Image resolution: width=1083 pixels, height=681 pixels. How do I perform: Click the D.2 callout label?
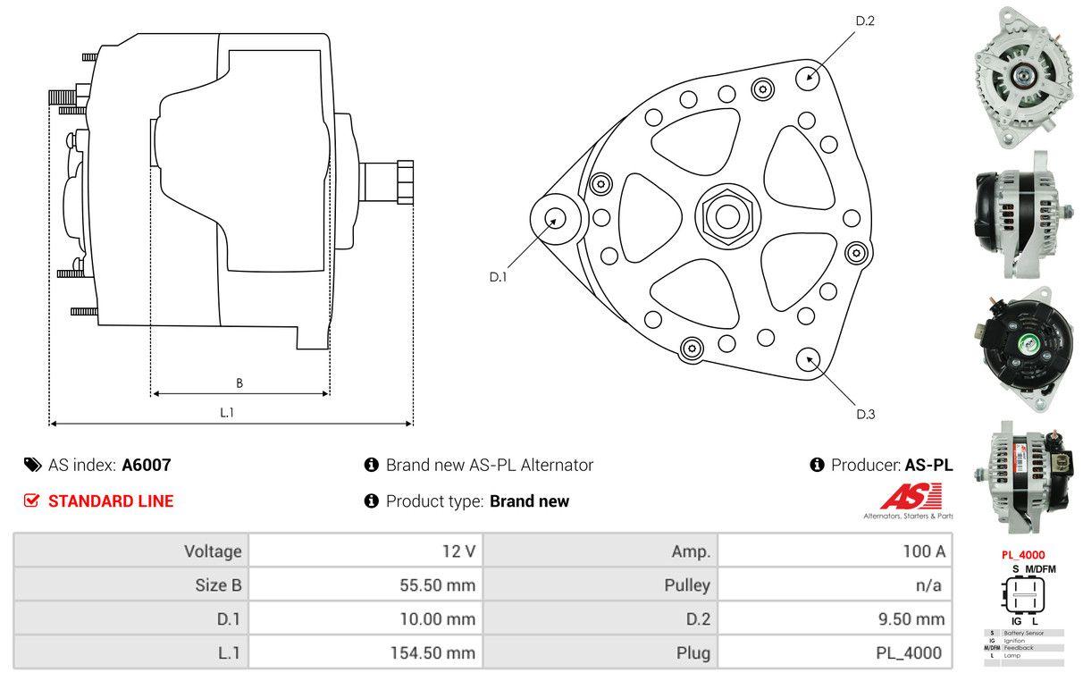coord(865,21)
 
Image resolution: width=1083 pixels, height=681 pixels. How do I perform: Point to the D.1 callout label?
coord(499,277)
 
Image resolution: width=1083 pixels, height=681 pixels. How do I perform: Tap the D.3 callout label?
coord(865,414)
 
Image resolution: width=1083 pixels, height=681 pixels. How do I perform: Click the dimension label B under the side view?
coord(239,383)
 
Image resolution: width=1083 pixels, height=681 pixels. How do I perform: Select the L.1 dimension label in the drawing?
coord(227,412)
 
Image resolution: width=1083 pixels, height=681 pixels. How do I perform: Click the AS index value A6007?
coord(147,465)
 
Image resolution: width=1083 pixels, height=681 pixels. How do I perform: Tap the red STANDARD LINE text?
coord(111,501)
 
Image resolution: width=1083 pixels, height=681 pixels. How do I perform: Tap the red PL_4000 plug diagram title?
coord(1022,555)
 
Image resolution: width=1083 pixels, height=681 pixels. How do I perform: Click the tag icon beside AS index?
coord(32,465)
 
